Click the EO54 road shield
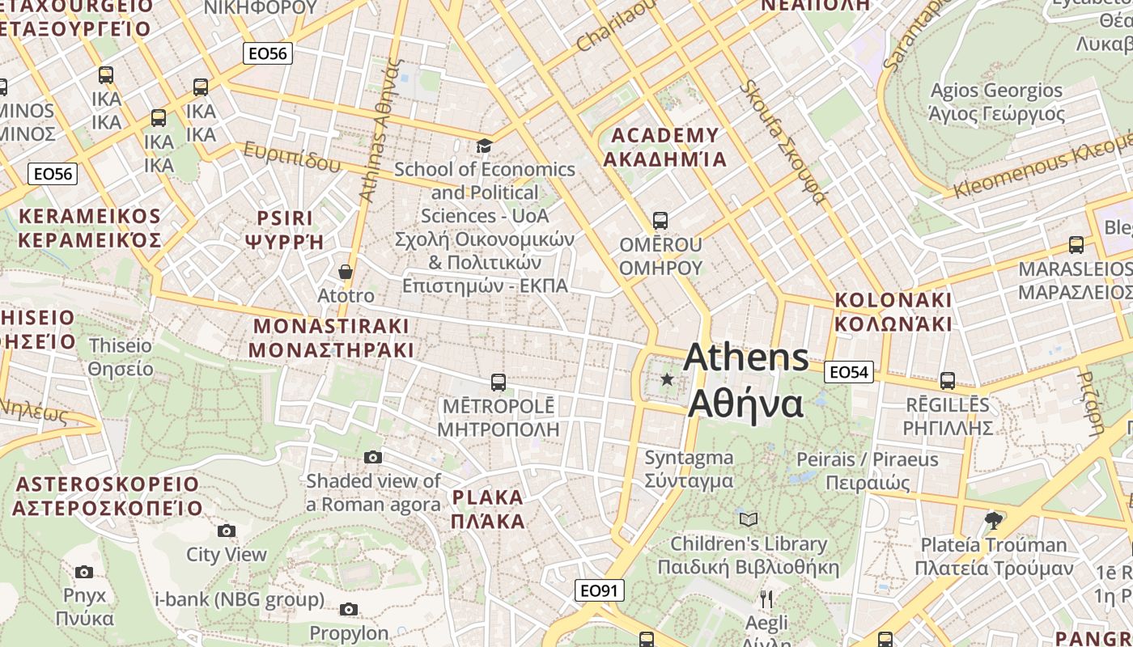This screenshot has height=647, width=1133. [849, 372]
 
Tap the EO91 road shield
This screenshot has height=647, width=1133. [600, 590]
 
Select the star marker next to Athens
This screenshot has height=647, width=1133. [667, 379]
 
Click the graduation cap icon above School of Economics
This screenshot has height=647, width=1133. [484, 146]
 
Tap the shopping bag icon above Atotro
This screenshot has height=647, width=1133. [346, 272]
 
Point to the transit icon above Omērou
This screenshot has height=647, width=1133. [660, 220]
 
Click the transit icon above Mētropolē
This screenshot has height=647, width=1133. [499, 382]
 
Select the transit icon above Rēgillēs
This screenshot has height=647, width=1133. [947, 380]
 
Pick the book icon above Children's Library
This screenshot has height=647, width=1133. [749, 519]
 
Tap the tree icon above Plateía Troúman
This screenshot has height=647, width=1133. [993, 520]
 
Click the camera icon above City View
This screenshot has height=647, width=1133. [227, 531]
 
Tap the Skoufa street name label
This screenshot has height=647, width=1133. [783, 142]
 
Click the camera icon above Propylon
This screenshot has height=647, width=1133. [349, 609]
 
